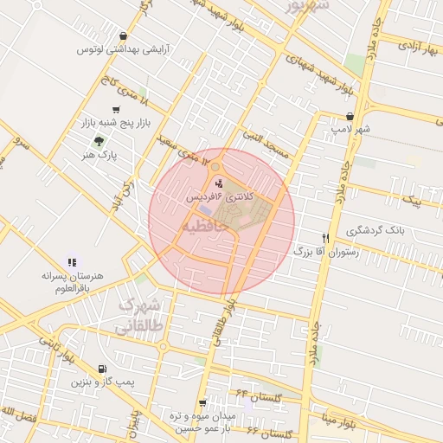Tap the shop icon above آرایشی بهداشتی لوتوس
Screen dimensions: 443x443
coord(125,36)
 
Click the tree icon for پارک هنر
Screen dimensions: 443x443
coord(102,141)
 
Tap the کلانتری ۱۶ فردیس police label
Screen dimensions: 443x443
coord(221,198)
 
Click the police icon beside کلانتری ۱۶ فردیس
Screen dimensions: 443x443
coord(218,183)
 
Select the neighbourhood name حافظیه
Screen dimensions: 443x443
coord(205,225)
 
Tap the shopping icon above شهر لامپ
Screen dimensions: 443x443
coord(350,116)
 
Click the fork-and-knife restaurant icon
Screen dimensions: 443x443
coord(325,237)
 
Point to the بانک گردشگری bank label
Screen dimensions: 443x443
coord(376,230)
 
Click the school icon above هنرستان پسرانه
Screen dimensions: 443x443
coord(72,261)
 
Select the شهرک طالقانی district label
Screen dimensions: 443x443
coord(138,317)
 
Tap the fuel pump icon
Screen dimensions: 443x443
coord(104,368)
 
